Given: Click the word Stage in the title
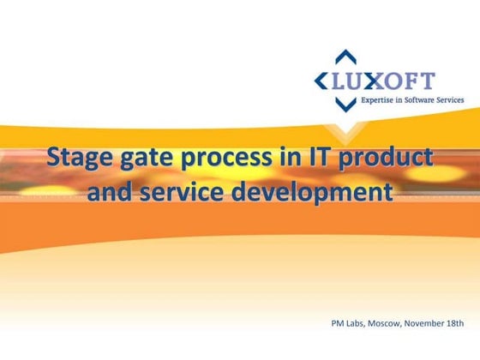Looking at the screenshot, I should point(78,158).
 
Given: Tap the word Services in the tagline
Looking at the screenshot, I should point(447,100).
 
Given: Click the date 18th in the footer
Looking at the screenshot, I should point(456,324).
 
